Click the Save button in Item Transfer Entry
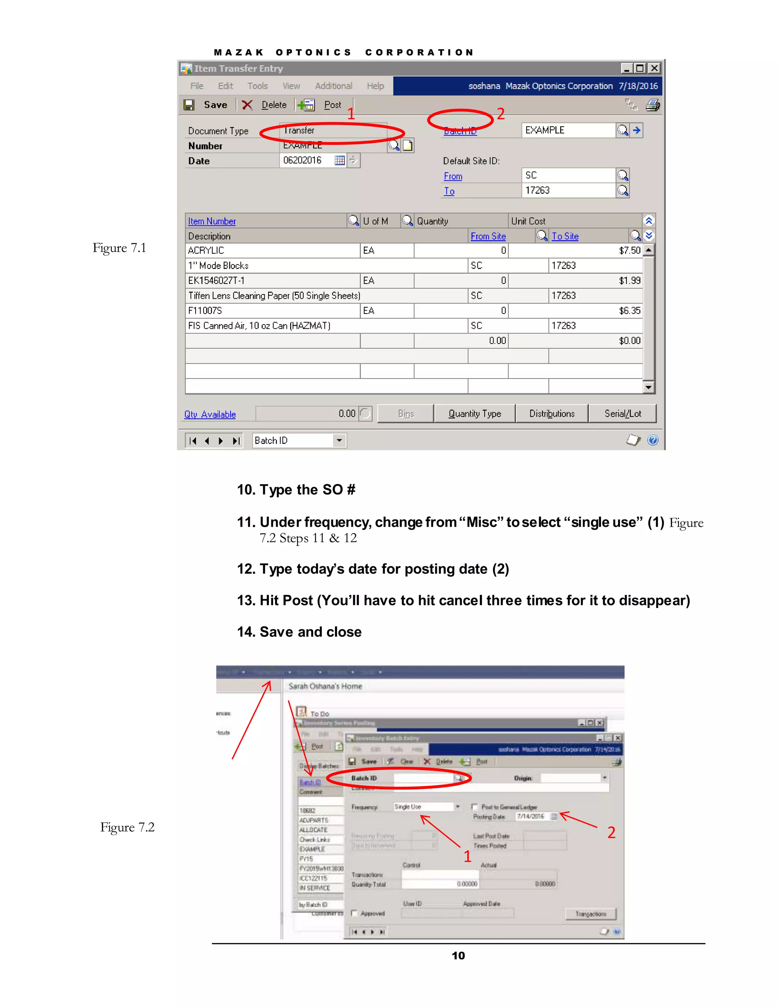point(207,105)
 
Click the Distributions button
point(552,413)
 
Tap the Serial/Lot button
point(622,413)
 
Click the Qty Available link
point(210,415)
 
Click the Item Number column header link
point(212,221)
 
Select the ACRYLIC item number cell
point(272,250)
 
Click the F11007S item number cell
point(272,311)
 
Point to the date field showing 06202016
point(307,160)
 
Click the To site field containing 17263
point(568,190)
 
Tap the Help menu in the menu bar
point(375,86)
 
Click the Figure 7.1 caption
point(119,248)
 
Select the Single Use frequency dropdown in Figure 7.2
point(427,807)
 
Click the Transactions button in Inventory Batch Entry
point(590,914)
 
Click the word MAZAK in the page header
point(238,52)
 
